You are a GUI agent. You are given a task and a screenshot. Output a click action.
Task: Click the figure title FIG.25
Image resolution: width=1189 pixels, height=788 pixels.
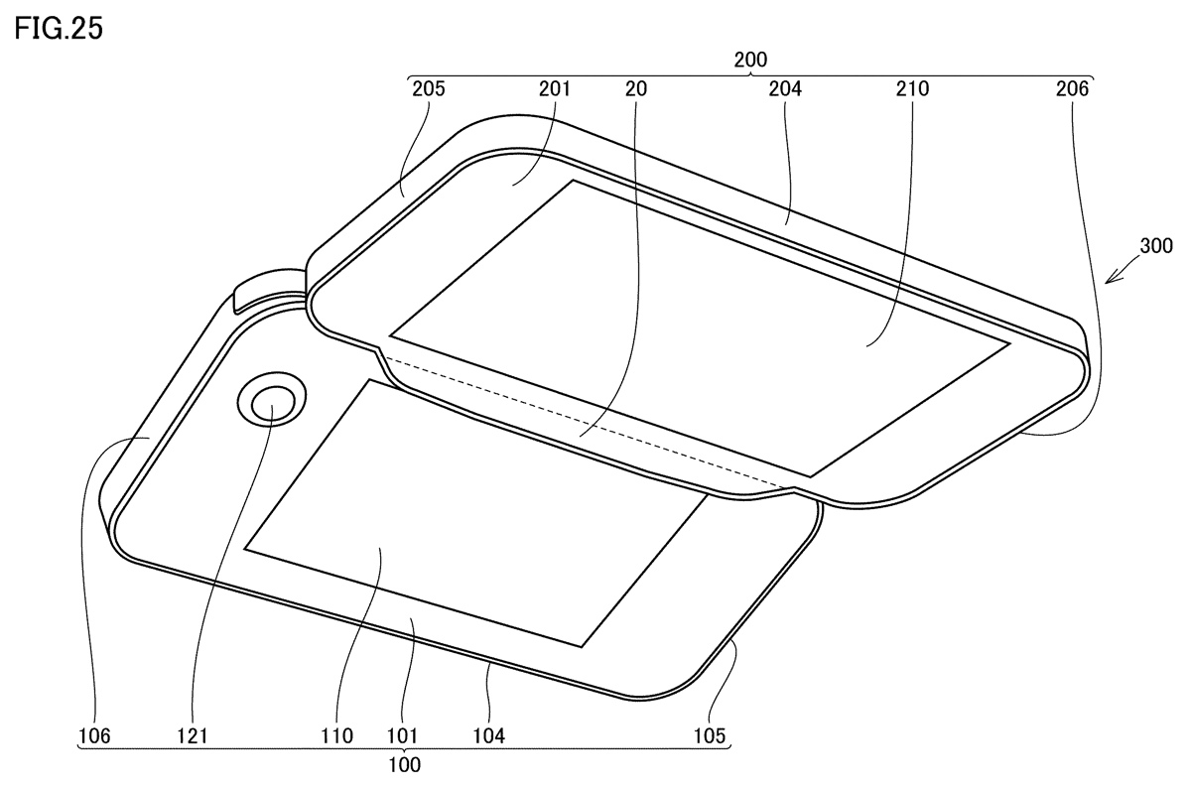(59, 28)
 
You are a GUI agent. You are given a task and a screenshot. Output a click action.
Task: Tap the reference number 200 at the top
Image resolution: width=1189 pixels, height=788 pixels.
(750, 60)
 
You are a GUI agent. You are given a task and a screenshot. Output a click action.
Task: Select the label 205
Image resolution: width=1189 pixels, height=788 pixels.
(429, 88)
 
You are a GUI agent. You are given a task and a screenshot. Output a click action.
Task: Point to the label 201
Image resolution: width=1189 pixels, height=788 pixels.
(555, 88)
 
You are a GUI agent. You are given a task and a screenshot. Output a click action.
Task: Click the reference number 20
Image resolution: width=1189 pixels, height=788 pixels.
(636, 88)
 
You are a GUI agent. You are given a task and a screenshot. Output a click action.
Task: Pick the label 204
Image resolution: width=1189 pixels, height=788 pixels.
(785, 88)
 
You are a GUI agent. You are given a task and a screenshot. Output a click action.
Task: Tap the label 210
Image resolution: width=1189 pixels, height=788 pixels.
(912, 88)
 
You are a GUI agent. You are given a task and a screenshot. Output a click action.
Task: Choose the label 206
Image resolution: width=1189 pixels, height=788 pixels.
(1072, 88)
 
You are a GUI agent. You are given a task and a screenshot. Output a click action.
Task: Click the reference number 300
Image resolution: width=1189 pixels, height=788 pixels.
(1155, 246)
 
